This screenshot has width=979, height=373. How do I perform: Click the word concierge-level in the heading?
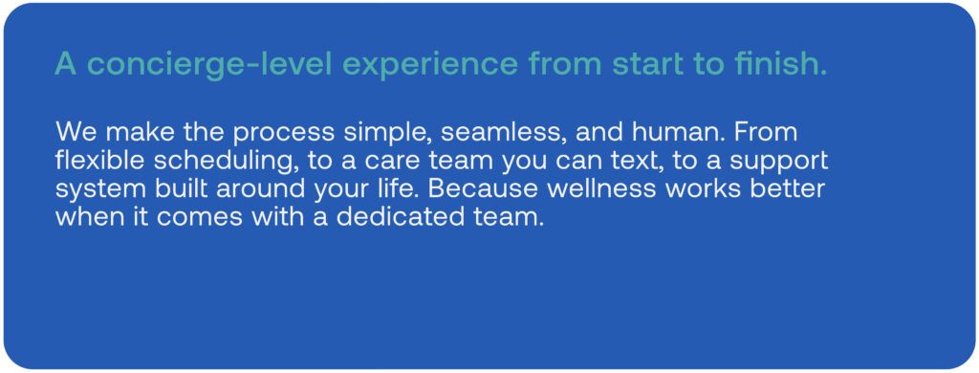coord(208,64)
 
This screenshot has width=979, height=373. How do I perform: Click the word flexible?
coord(98,161)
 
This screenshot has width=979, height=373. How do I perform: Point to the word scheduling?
coord(225,163)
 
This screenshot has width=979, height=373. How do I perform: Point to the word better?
coord(788,188)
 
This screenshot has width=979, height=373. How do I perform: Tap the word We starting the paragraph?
coord(72,133)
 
